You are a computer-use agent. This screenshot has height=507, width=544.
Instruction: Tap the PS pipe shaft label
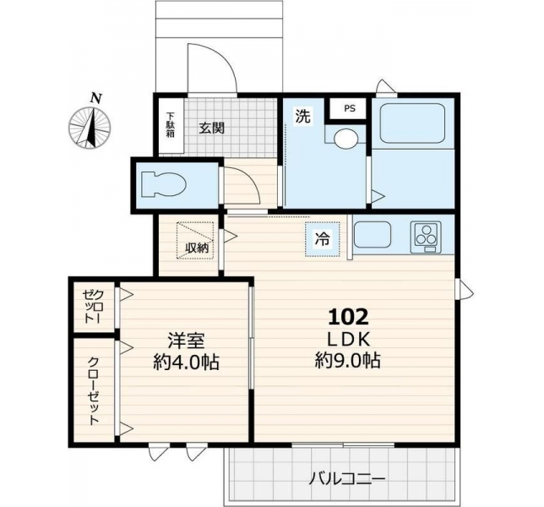coord(350,109)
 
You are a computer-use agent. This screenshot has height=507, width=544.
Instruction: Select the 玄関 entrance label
coord(212,128)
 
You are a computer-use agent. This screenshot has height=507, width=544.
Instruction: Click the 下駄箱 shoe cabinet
coord(171,126)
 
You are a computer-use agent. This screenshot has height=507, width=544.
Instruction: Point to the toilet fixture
coord(163,184)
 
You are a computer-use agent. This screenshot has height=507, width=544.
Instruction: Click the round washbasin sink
coord(345,138)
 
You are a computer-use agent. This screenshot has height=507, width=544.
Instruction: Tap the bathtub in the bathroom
coord(412,124)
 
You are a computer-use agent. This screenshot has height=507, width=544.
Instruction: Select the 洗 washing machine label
coord(302,116)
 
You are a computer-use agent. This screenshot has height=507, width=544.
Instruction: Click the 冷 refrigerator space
coord(323,239)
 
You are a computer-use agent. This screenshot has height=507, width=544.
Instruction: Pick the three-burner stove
coord(426,237)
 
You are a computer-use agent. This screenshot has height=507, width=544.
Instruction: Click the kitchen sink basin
coord(373,234)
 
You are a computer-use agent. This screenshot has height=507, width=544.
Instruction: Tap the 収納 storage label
coord(197,248)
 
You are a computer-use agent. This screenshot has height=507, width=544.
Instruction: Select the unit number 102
coord(348,317)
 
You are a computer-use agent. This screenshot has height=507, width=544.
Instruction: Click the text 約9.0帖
coord(348,361)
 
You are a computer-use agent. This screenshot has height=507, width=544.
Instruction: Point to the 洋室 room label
coord(186,341)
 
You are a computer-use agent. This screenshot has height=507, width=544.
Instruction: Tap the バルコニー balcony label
coord(347,480)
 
